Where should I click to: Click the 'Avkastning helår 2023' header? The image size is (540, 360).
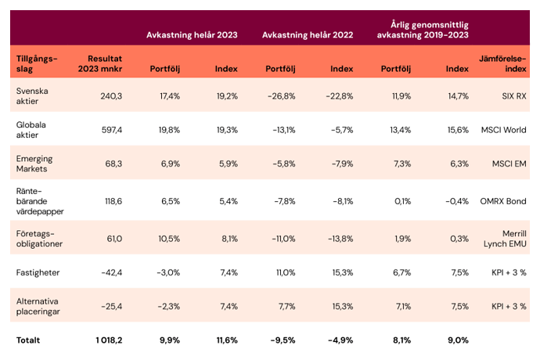192,35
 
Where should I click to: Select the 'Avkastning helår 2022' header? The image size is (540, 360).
308,35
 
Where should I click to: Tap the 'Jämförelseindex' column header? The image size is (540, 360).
502,63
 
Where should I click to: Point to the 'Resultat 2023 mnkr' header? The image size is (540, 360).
100,63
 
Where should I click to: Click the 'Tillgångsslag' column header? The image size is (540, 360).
37,63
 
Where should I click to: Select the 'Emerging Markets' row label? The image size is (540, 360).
34,164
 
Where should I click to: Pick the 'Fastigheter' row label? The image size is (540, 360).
38,272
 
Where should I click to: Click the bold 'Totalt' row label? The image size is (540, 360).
28,340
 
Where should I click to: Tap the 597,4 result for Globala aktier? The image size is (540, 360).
112,130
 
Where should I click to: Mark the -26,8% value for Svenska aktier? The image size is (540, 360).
282,96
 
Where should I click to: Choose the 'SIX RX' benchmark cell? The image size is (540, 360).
514,96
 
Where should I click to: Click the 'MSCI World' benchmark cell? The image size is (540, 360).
503,130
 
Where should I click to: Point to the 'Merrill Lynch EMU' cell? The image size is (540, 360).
505,239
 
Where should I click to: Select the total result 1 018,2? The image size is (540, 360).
109,340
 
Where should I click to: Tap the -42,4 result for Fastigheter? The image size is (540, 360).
112,272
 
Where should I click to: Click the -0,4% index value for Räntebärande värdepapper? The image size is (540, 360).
457,201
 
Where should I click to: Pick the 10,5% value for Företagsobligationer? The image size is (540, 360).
169,239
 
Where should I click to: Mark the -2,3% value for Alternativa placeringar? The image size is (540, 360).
169,306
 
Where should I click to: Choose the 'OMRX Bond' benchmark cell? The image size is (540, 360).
503,201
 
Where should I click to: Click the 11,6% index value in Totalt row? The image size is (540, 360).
227,340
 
